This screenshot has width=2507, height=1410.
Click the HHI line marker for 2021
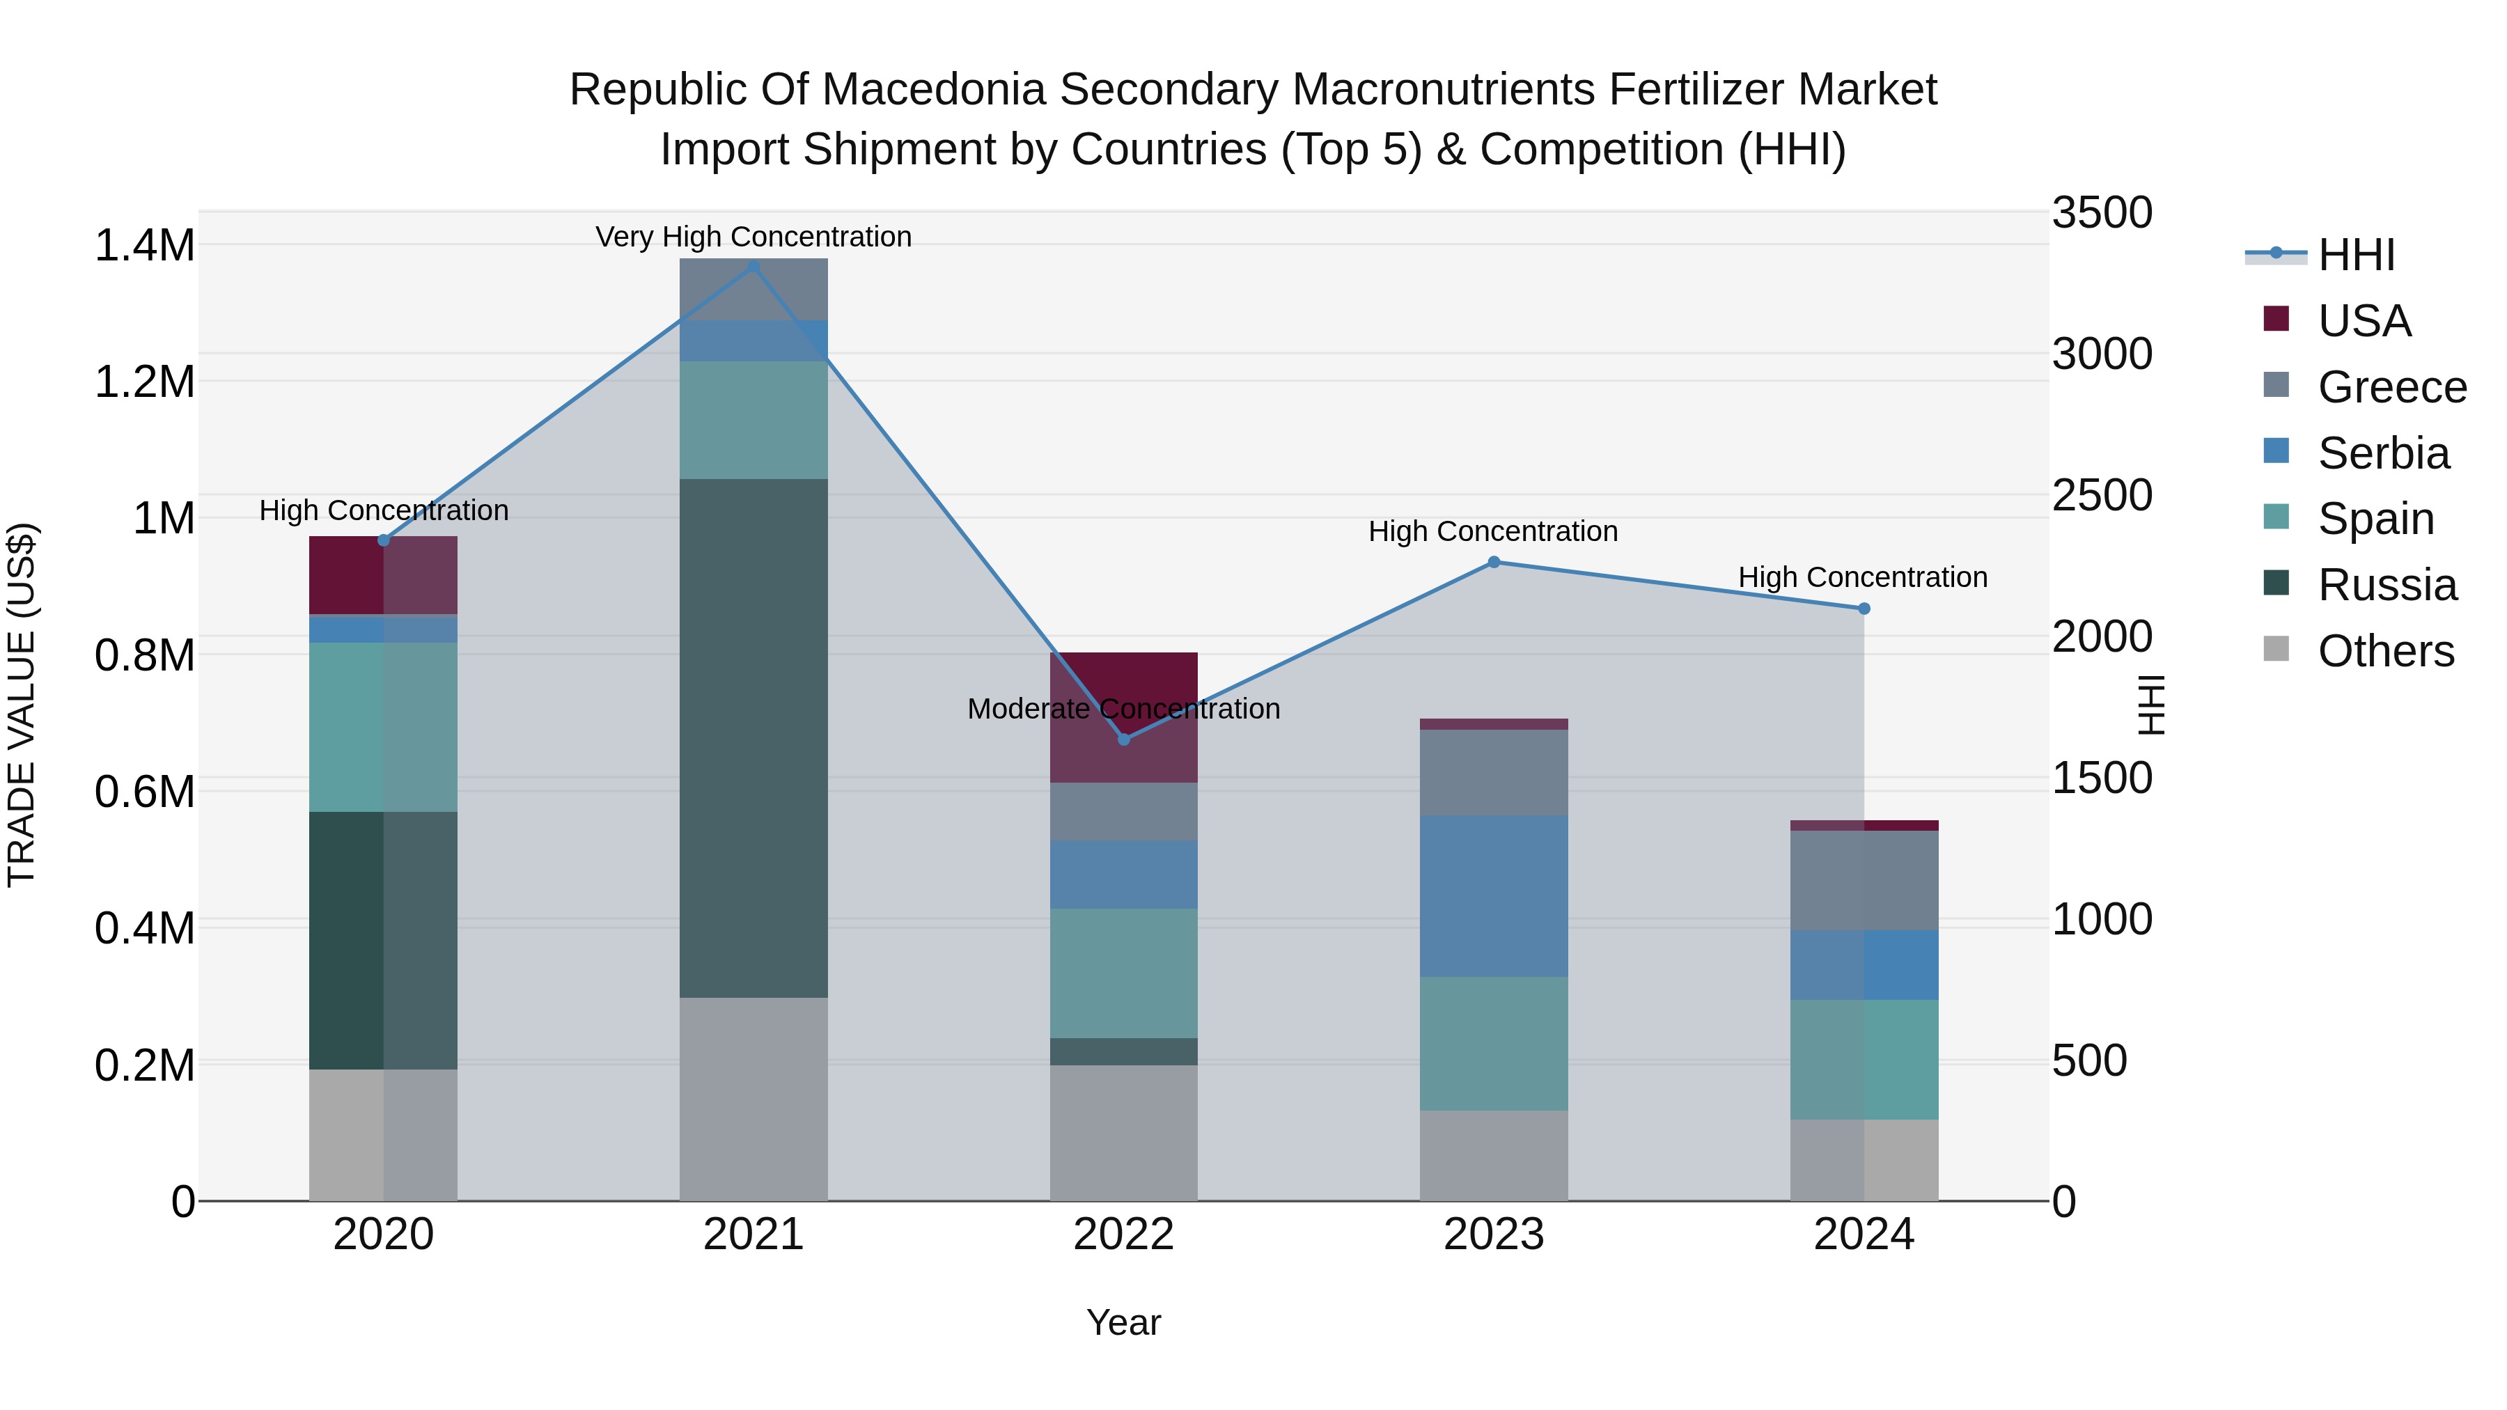coord(753,266)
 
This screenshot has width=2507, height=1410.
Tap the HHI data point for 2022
coord(1124,739)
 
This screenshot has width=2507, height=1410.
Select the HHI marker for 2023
coord(1494,561)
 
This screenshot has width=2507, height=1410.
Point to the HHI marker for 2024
coord(1864,608)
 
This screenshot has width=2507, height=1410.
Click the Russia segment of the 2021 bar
coord(753,737)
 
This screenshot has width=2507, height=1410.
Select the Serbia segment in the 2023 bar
coord(1494,895)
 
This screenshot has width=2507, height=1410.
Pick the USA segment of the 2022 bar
coord(1124,717)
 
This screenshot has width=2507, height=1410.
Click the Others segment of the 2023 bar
coord(1494,1155)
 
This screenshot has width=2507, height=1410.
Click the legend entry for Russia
coord(2387,585)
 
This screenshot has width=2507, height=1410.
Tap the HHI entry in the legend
coord(2356,255)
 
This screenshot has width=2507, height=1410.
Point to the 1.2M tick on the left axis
coord(144,382)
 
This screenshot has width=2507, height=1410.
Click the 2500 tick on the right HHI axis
coord(2102,495)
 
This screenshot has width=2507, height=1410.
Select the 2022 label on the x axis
coord(1124,1235)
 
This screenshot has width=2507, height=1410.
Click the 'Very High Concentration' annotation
coord(753,237)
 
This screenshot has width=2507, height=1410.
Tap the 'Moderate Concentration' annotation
coord(1124,708)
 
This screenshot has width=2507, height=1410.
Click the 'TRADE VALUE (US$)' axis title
coord(22,705)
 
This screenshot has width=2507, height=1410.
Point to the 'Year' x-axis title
coord(1124,1322)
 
